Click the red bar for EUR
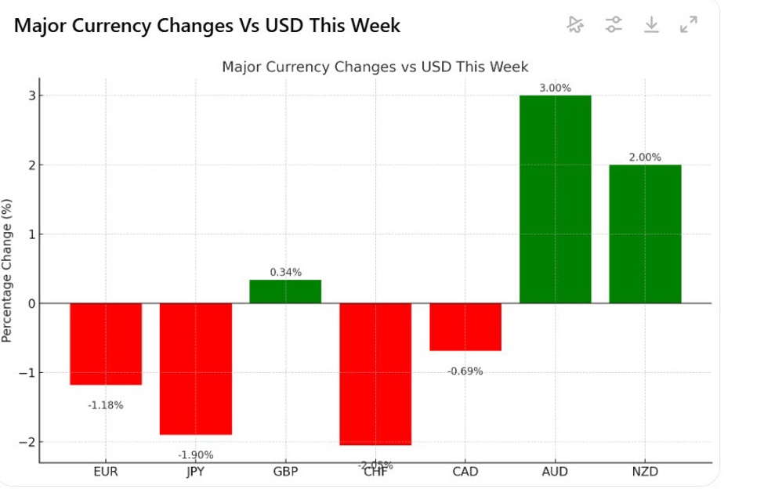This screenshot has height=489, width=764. (106, 343)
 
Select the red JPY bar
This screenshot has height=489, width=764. (196, 368)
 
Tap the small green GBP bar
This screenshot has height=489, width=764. (285, 292)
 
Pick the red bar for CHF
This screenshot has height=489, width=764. (375, 374)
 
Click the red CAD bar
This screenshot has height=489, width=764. (465, 327)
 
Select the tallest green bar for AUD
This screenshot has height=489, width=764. (555, 199)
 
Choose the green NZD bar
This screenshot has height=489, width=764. (645, 234)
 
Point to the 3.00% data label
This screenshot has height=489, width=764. (556, 88)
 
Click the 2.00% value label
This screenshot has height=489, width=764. (645, 157)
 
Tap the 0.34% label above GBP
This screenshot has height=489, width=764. (285, 272)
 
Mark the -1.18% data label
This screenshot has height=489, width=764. (106, 405)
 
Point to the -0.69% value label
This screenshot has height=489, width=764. (465, 371)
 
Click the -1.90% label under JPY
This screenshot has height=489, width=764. (196, 455)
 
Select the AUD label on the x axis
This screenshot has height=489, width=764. (555, 472)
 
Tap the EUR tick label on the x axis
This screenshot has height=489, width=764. (106, 472)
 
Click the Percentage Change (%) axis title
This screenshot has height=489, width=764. (7, 270)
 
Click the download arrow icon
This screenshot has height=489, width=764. (651, 25)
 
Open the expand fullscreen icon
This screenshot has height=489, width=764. (689, 25)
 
